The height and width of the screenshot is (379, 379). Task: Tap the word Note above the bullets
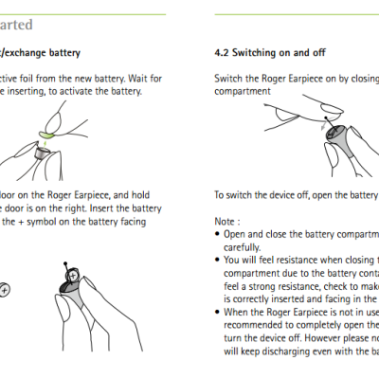click(225, 217)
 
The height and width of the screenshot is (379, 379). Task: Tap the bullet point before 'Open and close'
click(217, 231)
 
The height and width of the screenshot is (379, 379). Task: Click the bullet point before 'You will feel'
click(217, 257)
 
